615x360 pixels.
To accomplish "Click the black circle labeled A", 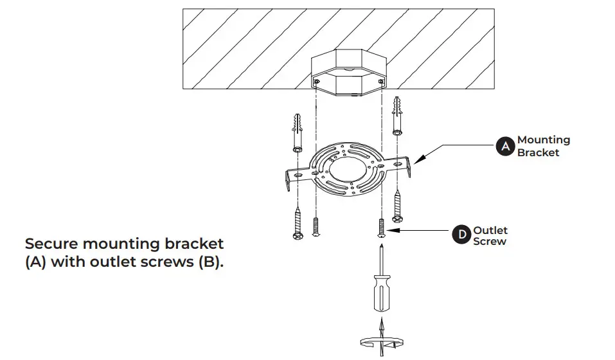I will click(x=505, y=147).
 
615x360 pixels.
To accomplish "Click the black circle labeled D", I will click(x=461, y=236).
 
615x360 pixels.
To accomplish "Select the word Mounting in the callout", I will click(x=543, y=140).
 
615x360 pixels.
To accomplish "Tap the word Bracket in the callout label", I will click(x=538, y=153).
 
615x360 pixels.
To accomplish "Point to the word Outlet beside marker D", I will click(x=490, y=230).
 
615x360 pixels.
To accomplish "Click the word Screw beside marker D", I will click(x=490, y=242).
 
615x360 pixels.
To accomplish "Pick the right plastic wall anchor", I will click(x=397, y=115).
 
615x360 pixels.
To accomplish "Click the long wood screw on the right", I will click(x=397, y=206).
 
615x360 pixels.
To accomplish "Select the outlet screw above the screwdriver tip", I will click(x=382, y=227).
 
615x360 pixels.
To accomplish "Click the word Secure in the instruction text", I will click(x=52, y=244).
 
